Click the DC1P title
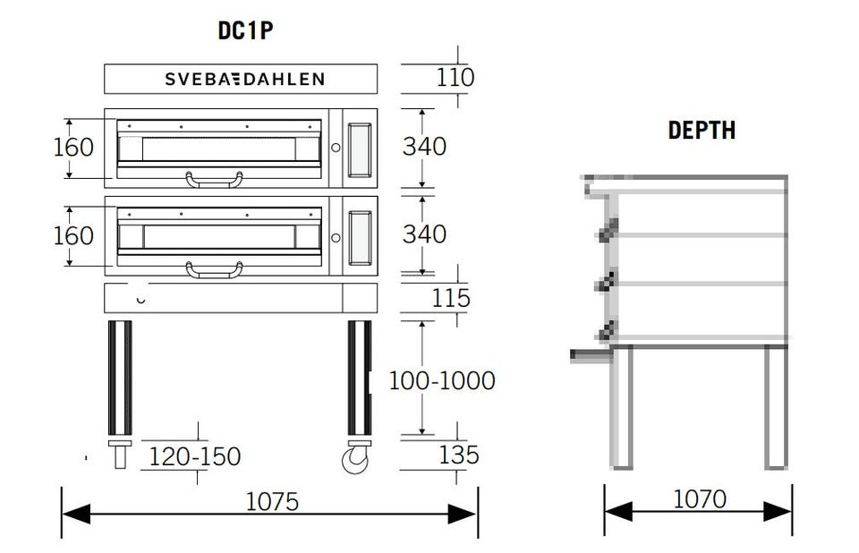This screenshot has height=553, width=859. point(245,31)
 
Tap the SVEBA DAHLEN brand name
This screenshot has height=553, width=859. point(244,79)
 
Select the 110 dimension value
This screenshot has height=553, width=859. point(455,78)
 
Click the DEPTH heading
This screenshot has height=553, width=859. point(702,130)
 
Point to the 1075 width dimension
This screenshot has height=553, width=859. point(272,501)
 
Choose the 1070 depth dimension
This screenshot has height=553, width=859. point(699,498)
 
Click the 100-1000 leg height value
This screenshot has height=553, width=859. point(441,380)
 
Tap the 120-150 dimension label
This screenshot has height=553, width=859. point(195,456)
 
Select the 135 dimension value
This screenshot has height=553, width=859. point(458,455)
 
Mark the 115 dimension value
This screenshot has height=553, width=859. point(451,298)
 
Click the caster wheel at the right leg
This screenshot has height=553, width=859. point(355,460)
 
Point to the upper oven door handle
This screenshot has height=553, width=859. point(214,180)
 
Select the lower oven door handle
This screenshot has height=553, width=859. point(214,268)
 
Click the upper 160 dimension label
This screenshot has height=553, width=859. point(73,147)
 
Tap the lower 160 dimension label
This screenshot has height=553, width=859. point(73,235)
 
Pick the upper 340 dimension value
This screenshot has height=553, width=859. point(423,147)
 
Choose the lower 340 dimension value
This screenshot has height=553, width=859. point(423,234)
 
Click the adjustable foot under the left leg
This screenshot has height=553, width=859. point(120,454)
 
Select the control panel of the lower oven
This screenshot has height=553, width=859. point(359,237)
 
